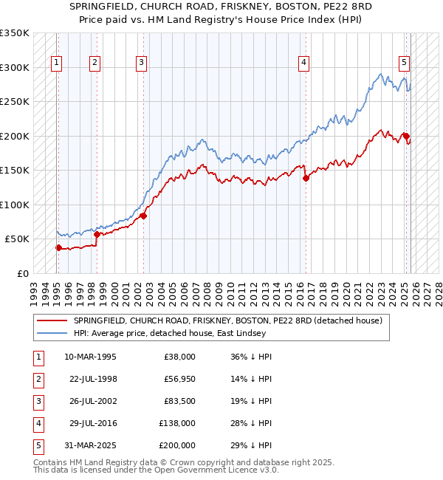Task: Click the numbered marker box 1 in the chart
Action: click(x=57, y=64)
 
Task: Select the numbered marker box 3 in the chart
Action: click(x=141, y=64)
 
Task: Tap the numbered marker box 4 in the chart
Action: click(x=303, y=64)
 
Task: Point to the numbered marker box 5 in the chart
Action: click(x=405, y=64)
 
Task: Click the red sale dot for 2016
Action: click(x=305, y=178)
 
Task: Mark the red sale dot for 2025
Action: click(x=405, y=136)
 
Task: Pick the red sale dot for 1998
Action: click(x=96, y=234)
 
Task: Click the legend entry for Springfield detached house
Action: click(x=227, y=320)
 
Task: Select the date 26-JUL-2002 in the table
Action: click(x=90, y=400)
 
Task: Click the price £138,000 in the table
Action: click(x=177, y=422)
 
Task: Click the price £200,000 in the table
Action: click(x=177, y=445)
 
